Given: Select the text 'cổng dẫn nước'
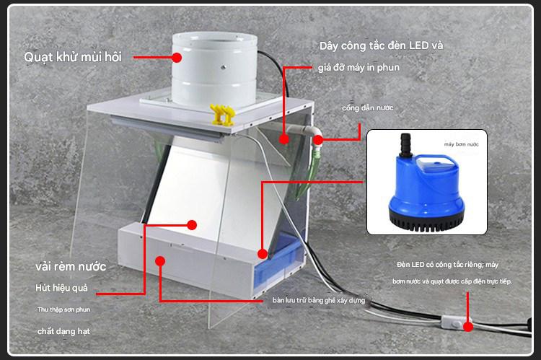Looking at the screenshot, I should [x=368, y=107].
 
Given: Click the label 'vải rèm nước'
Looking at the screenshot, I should [x=71, y=266].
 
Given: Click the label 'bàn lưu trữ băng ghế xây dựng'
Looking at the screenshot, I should [x=319, y=299].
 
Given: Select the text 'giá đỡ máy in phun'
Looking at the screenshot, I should [x=359, y=68].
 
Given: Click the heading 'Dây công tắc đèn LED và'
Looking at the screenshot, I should [x=381, y=45].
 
